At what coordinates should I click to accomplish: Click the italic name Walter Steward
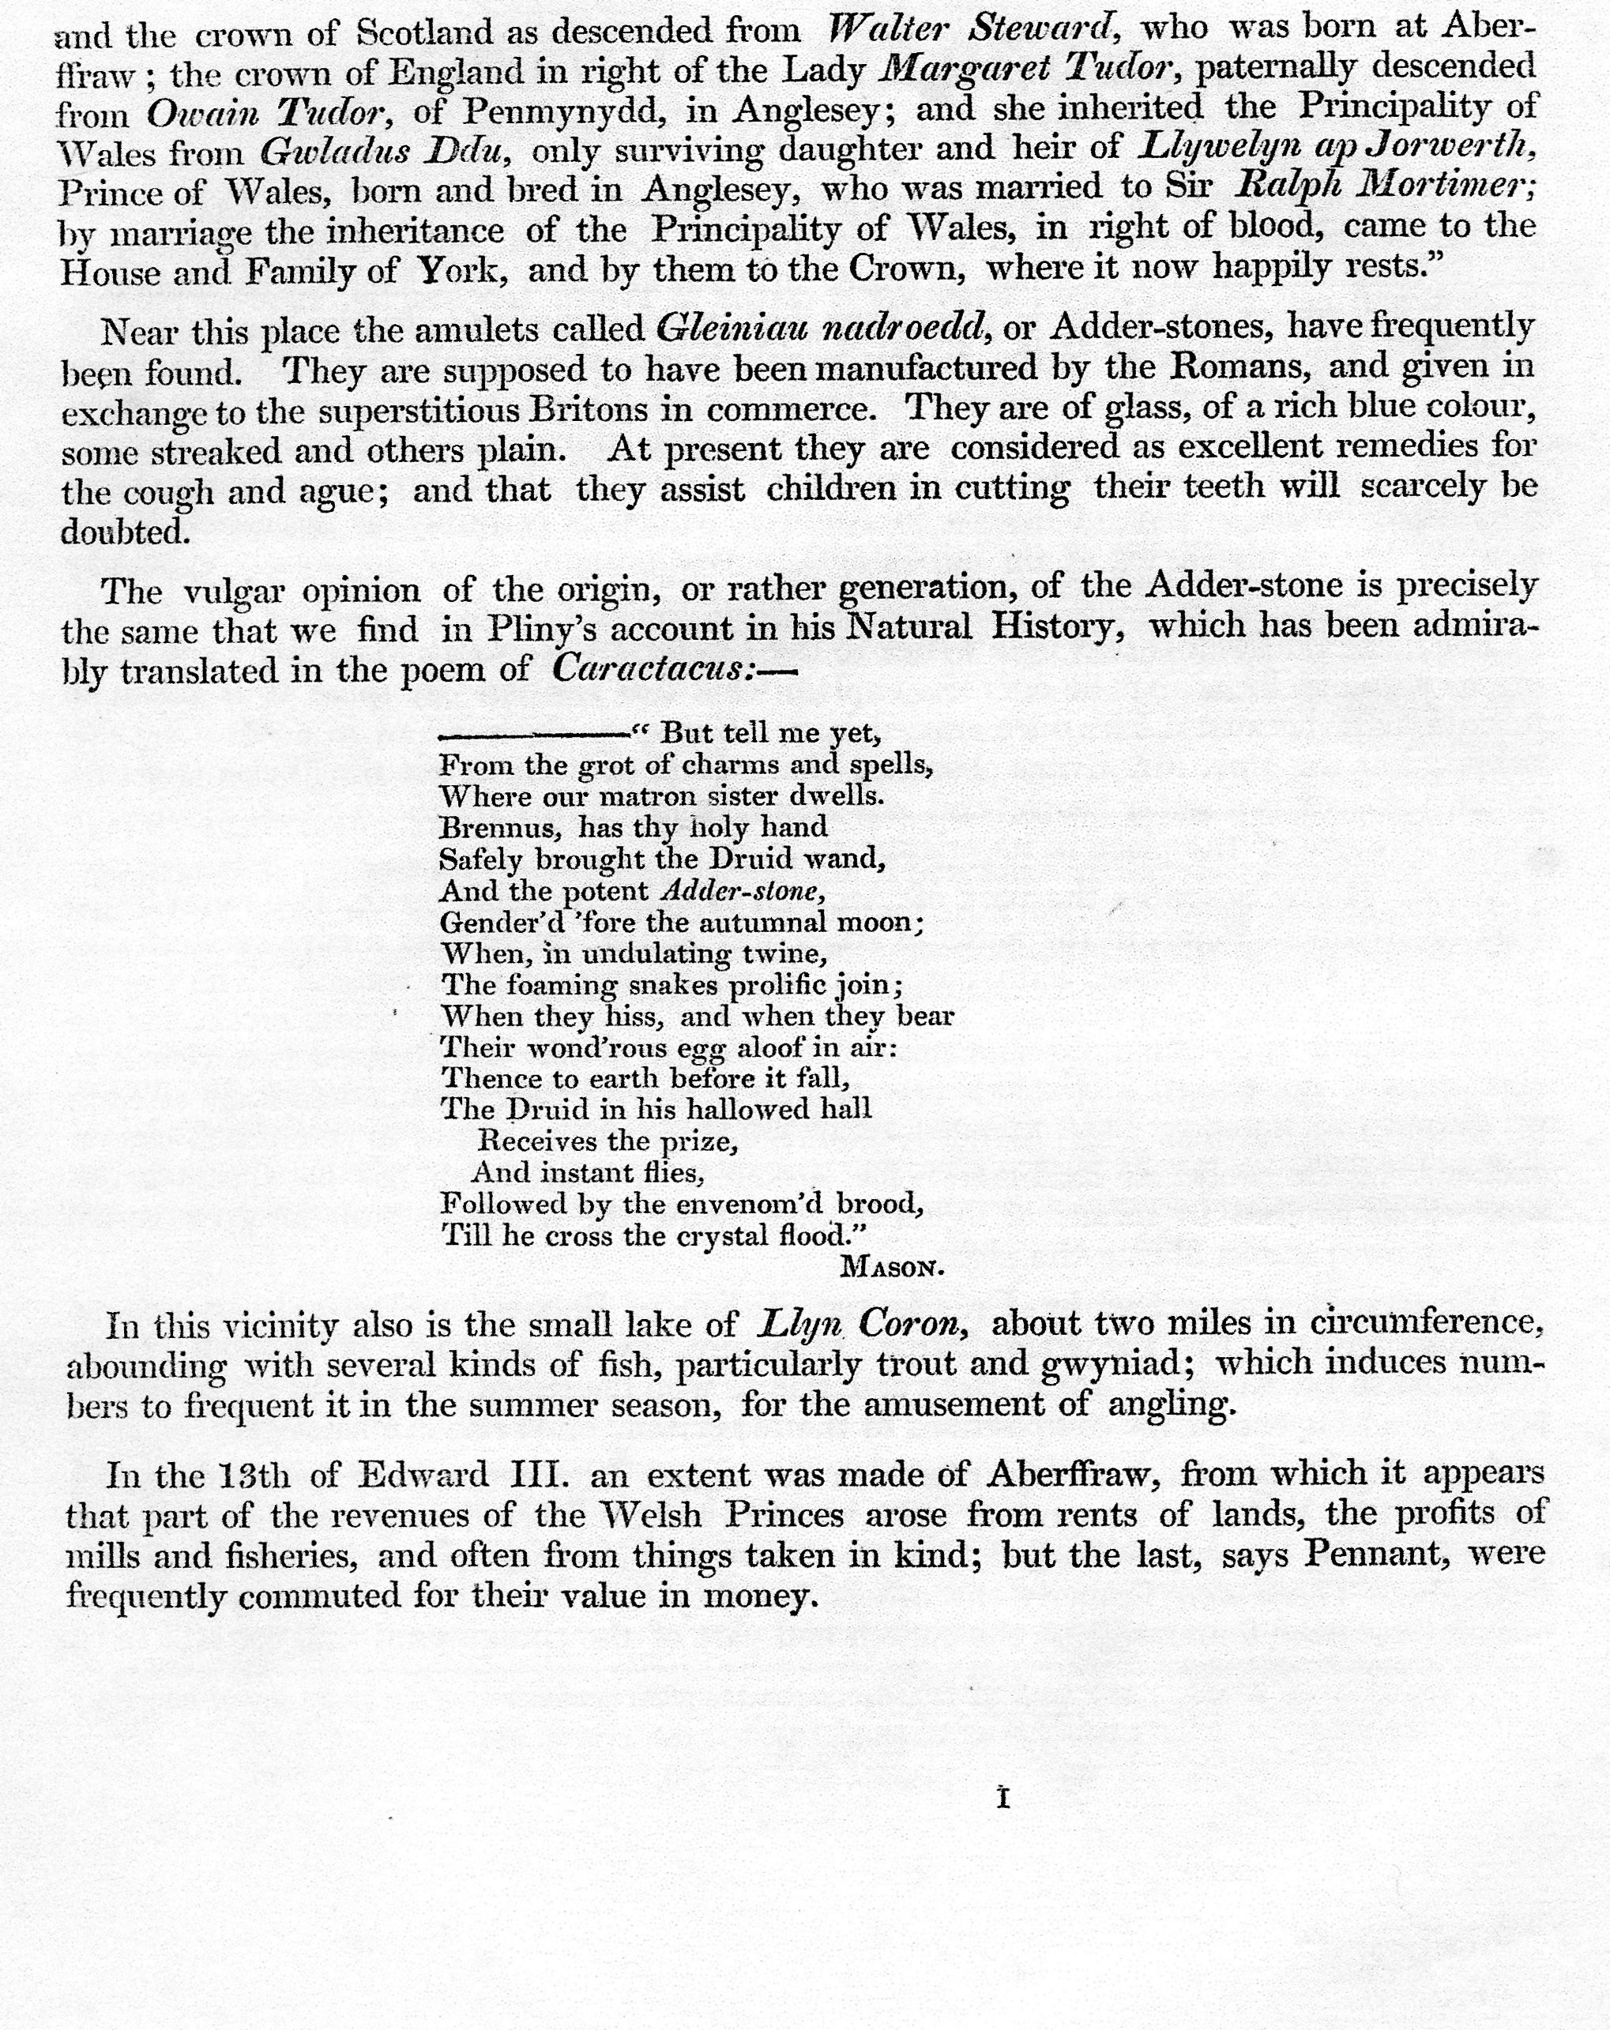[x=972, y=28]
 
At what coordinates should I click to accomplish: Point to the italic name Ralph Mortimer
[x=1384, y=186]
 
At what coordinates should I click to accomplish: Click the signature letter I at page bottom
[x=1002, y=1799]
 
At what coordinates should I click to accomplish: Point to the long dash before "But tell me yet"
[x=534, y=732]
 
